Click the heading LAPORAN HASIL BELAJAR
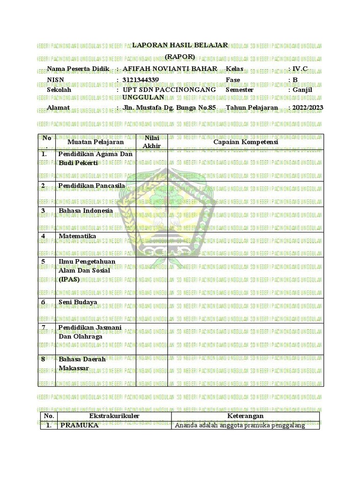(180, 45)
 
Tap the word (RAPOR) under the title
(180, 57)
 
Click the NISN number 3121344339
(140, 80)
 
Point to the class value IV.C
(300, 69)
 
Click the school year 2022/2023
(308, 108)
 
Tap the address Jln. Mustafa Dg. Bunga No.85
(169, 108)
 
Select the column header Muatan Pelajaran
(96, 142)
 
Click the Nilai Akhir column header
(151, 142)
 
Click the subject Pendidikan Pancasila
(92, 186)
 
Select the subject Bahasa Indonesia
(86, 211)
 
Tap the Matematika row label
(77, 236)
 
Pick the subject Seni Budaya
(78, 302)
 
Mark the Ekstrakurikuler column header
(114, 416)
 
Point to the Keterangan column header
(245, 416)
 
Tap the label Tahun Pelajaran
(252, 108)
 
